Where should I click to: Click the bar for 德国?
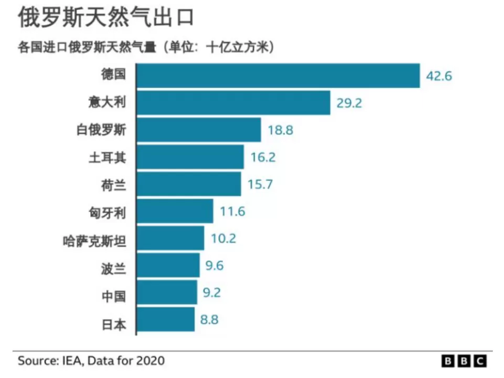pyautogui.click(x=278, y=76)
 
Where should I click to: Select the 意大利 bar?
pyautogui.click(x=234, y=102)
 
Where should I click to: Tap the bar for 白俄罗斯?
pyautogui.click(x=199, y=130)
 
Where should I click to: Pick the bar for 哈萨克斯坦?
pyautogui.click(x=170, y=238)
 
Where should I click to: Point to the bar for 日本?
pyautogui.click(x=166, y=319)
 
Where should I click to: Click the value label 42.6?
pyautogui.click(x=439, y=76)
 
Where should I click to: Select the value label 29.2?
pyautogui.click(x=349, y=103)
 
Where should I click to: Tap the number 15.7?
pyautogui.click(x=260, y=184)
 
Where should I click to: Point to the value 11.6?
pyautogui.click(x=232, y=212)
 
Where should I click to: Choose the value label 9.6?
pyautogui.click(x=215, y=266)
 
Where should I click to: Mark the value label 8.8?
pyautogui.click(x=209, y=319)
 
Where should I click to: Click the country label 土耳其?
pyautogui.click(x=108, y=157)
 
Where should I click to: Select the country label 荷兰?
pyautogui.click(x=113, y=185)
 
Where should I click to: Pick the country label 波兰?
pyautogui.click(x=113, y=269)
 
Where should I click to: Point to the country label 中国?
pyautogui.click(x=113, y=296)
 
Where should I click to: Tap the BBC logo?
pyautogui.click(x=464, y=361)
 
